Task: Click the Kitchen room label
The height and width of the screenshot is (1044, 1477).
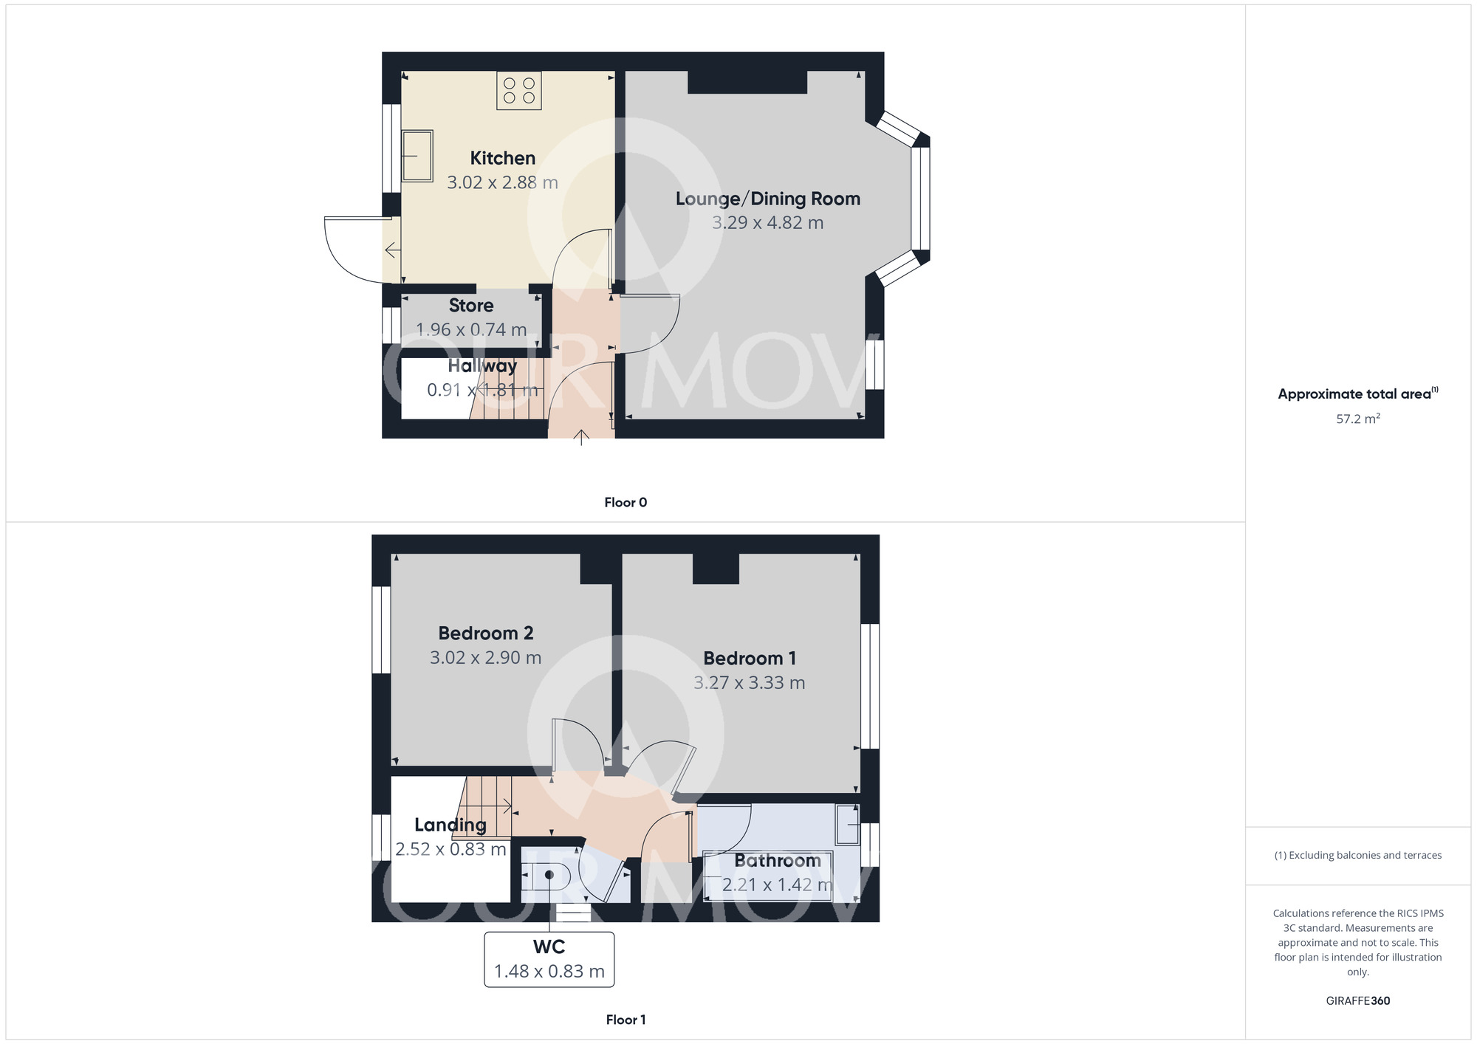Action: tap(502, 158)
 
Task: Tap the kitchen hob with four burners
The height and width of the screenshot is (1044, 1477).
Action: tap(518, 91)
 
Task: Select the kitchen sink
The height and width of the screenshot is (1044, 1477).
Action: tap(417, 156)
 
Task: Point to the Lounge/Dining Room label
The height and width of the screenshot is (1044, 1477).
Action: tap(768, 199)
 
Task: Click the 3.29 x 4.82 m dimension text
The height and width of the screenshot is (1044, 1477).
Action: tap(767, 223)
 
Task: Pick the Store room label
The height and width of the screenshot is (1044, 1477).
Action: tap(471, 306)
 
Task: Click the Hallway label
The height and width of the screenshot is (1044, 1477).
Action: tap(482, 366)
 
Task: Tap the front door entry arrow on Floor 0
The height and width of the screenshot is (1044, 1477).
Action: tap(581, 437)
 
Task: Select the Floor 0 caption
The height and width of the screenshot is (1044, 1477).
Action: tap(626, 503)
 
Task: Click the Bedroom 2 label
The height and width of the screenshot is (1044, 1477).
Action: tap(485, 633)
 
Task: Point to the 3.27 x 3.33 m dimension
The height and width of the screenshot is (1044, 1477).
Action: tap(749, 683)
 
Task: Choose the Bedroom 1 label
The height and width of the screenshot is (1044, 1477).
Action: tap(749, 659)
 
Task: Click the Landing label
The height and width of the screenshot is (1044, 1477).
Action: tap(450, 825)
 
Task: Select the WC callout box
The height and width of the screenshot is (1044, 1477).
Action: tap(549, 959)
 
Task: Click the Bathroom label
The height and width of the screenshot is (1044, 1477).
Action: tap(778, 861)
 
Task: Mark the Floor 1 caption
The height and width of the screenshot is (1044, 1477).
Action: tap(626, 1020)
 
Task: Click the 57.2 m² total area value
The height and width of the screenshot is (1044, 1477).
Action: tap(1357, 419)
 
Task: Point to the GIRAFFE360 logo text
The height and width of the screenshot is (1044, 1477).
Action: tap(1357, 1001)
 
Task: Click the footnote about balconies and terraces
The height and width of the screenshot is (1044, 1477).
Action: tap(1357, 856)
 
